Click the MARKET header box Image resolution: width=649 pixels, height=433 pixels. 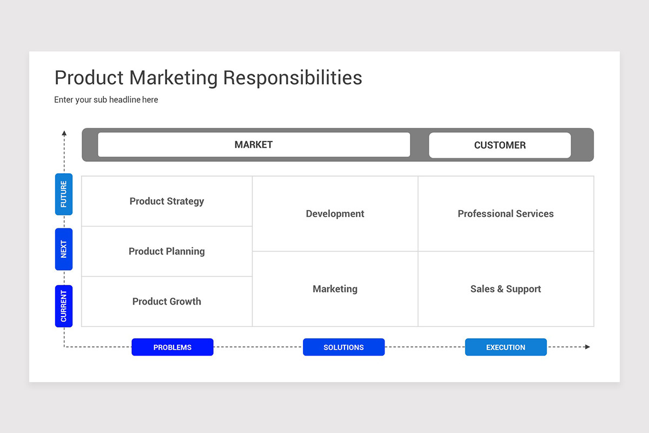(254, 145)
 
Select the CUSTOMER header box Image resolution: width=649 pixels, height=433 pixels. (500, 145)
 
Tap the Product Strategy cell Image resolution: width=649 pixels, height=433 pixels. (167, 201)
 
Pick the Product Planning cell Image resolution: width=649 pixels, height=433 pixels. (167, 251)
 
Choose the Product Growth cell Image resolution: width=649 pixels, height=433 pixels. (167, 301)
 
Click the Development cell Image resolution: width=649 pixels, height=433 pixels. (335, 214)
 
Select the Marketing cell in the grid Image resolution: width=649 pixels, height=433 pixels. (335, 289)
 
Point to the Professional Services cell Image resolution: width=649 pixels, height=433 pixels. (506, 214)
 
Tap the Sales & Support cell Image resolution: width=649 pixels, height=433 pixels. (506, 289)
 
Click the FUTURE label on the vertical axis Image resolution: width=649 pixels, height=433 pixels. (64, 194)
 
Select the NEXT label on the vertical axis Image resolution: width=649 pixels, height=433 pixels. (64, 249)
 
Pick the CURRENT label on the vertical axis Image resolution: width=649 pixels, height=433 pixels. (64, 306)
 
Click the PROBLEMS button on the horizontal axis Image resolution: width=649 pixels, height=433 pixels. (173, 347)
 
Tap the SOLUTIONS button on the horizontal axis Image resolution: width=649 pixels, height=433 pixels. (343, 347)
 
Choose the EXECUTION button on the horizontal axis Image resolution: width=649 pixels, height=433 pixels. (506, 347)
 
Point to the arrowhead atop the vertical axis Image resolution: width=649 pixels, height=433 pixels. (64, 133)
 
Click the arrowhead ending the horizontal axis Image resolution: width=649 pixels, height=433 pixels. (587, 347)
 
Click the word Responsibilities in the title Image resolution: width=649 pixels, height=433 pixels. (293, 78)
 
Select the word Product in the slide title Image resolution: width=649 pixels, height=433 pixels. (89, 78)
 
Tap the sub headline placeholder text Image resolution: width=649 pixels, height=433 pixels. (106, 100)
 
